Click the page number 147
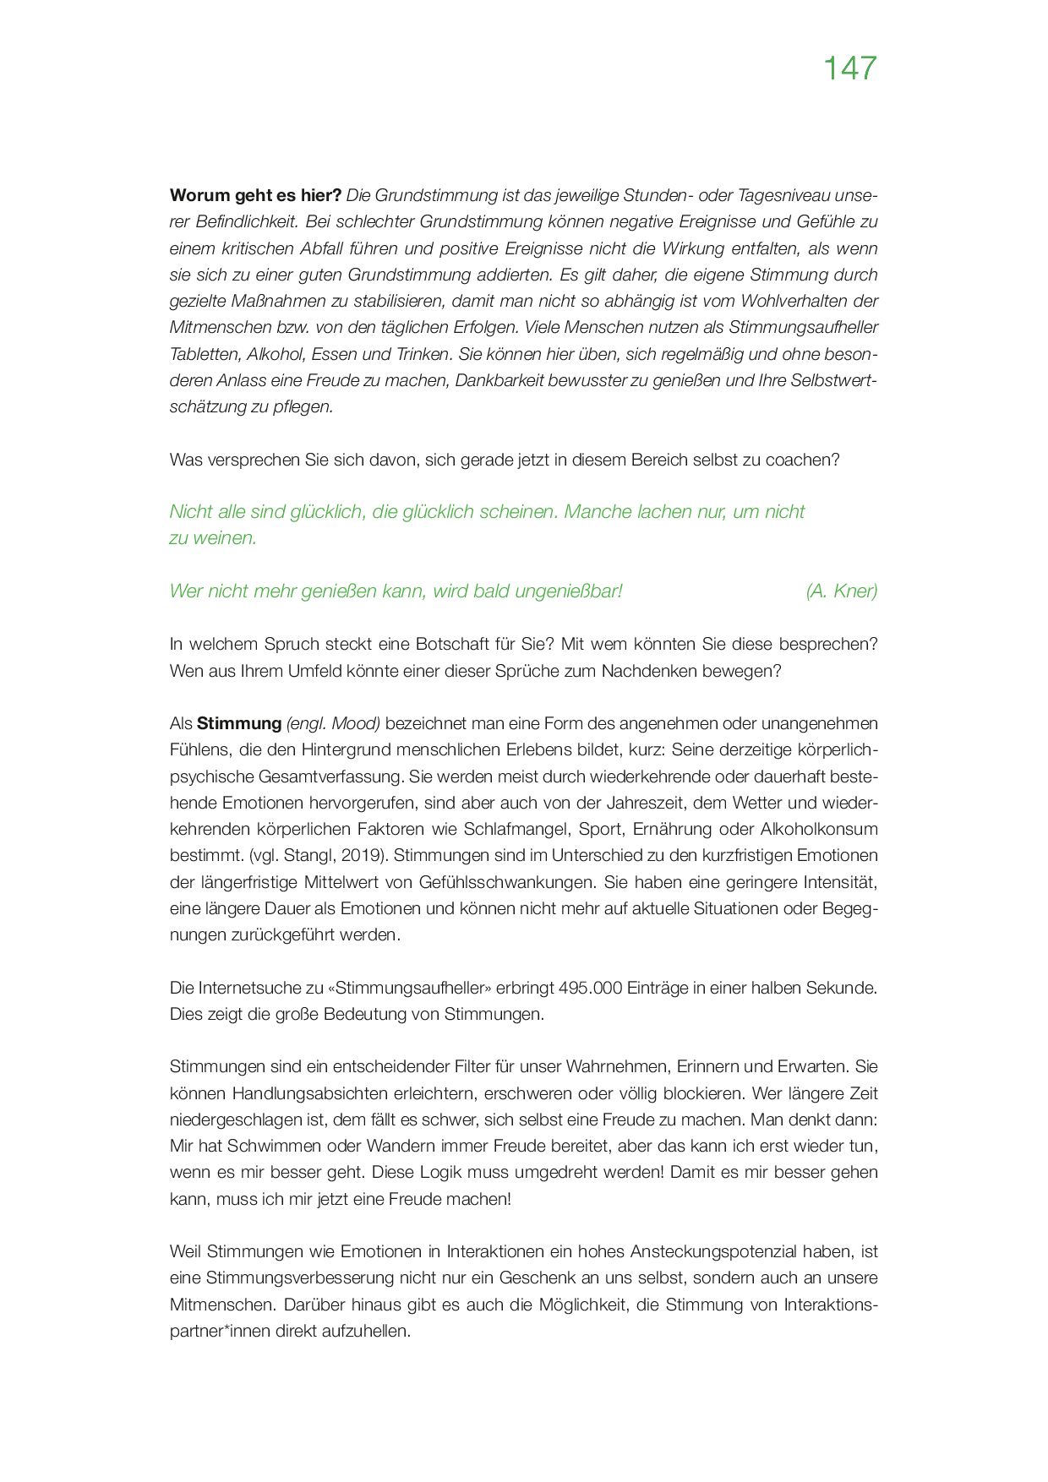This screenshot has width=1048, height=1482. pos(849,68)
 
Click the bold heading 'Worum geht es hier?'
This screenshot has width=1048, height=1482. pos(255,195)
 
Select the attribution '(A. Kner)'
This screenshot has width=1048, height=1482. pos(841,591)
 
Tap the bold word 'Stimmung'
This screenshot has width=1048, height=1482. pos(239,723)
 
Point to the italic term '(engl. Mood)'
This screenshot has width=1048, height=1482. pos(334,723)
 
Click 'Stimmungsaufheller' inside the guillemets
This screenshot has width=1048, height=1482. pos(409,988)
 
